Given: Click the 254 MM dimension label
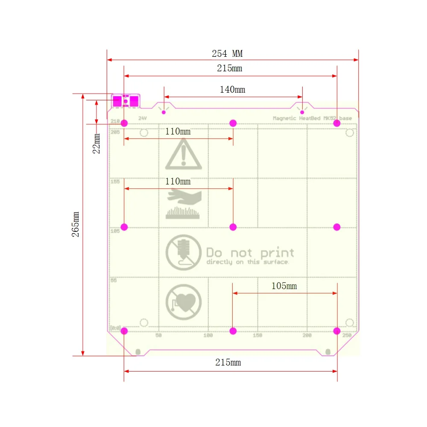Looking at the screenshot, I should [x=227, y=54].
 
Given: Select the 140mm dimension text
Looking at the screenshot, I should [x=232, y=90].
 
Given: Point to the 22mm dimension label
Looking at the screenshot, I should [x=97, y=143].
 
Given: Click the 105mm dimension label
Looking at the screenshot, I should [x=284, y=286].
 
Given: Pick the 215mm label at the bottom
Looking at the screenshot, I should [x=228, y=363].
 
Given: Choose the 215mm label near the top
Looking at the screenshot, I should [x=229, y=68].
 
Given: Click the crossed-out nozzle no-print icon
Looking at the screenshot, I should [x=183, y=253].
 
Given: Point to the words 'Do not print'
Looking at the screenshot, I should [x=250, y=253].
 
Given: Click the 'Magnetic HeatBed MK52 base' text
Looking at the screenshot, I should [x=313, y=118].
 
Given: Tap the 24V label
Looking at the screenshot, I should [x=142, y=118].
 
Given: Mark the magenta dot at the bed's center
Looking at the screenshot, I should [x=233, y=227].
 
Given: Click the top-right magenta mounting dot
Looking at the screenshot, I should [x=337, y=123].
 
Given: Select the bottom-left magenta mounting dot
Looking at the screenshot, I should [x=124, y=331].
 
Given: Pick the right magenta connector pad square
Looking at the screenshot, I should [x=134, y=101].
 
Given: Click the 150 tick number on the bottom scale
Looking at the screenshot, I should [x=257, y=336].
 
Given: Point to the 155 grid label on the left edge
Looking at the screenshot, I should [x=115, y=181].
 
